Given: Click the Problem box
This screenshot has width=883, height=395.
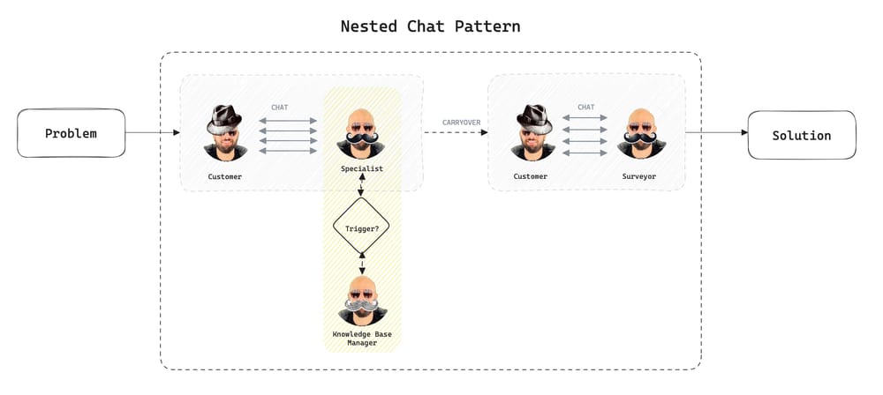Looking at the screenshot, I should coord(71,133).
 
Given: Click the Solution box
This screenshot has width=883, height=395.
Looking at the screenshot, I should coord(802,135).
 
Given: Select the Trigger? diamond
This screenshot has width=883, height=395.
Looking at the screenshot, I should coord(361,228).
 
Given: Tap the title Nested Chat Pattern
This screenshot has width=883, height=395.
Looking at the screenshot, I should coord(430,26).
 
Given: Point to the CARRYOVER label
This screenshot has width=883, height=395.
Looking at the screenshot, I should coord(461,122).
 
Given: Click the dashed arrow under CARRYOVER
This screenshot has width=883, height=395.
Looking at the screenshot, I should coord(456,133).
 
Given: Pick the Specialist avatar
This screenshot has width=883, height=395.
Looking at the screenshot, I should coord(361,132).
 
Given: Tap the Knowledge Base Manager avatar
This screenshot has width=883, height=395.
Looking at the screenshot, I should coord(362,300).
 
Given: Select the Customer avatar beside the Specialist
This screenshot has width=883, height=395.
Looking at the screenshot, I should coord(225,132).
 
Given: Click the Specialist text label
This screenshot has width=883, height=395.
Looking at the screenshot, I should coord(361,168).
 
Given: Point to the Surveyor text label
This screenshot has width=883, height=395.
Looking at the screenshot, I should coord(638,176).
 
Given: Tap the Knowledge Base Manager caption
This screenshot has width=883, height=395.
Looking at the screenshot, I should coord(362,339).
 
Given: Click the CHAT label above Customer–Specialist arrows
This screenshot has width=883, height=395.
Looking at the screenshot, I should coord(280,108).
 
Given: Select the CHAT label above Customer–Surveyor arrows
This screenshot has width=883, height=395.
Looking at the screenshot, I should coord(585,108).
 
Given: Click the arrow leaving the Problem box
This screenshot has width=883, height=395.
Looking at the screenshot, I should coord(152,133).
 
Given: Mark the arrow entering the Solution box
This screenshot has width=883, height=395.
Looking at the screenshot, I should coord(716,133).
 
